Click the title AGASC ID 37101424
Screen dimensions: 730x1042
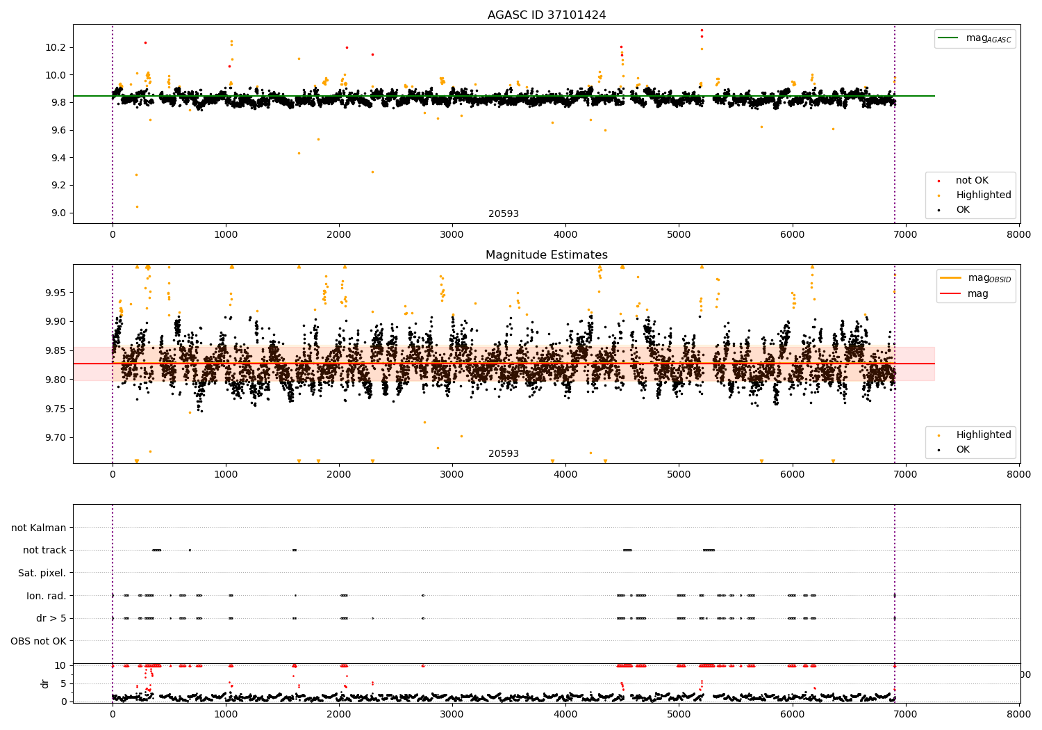(x=547, y=15)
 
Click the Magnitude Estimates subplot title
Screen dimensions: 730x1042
(x=547, y=255)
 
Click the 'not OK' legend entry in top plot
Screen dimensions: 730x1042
(x=971, y=181)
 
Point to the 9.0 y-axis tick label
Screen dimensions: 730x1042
(x=59, y=213)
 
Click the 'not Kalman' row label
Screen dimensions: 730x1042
(x=39, y=528)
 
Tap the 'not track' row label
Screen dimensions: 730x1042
(x=44, y=550)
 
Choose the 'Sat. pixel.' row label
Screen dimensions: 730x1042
(x=42, y=573)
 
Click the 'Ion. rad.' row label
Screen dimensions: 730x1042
(x=47, y=596)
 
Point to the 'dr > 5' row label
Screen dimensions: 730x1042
(x=51, y=618)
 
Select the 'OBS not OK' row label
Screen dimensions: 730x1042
(x=38, y=641)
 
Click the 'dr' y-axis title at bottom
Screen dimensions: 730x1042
(x=45, y=683)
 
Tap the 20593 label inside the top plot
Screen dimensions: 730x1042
(x=504, y=214)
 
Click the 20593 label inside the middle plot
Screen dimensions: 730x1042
(x=504, y=454)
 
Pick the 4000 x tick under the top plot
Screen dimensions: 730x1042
(x=565, y=234)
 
